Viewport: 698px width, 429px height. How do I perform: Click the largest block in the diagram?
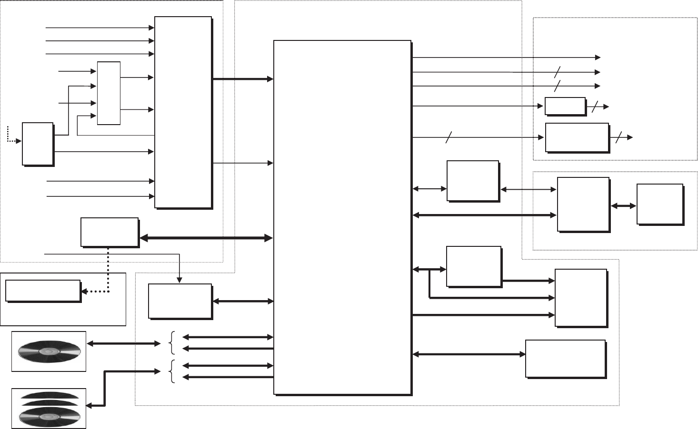coord(342,217)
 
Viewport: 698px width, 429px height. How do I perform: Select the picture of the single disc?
coord(49,351)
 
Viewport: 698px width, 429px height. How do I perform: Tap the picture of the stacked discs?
coord(49,408)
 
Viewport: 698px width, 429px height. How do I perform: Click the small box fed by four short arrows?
coord(109,93)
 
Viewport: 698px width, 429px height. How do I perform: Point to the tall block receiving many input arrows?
coord(183,112)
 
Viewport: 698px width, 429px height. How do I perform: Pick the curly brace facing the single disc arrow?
coord(172,343)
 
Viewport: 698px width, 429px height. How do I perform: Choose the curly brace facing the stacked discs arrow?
coord(172,371)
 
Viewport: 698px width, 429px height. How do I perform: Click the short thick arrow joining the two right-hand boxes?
coord(623,206)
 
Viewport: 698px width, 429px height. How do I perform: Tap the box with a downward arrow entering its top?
coord(179,301)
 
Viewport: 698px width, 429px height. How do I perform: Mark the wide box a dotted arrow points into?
coord(43,291)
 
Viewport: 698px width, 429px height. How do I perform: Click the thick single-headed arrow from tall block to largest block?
coord(242,79)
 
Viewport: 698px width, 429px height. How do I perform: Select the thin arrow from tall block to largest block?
coord(242,163)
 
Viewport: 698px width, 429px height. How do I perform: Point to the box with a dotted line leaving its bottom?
coord(110,232)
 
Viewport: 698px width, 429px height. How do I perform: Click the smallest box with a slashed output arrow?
coord(565,106)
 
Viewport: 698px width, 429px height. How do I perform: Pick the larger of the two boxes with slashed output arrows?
coord(577,137)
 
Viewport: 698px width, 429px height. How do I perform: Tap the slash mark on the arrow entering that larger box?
coord(448,137)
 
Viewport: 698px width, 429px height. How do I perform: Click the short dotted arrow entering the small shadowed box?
coord(13,139)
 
